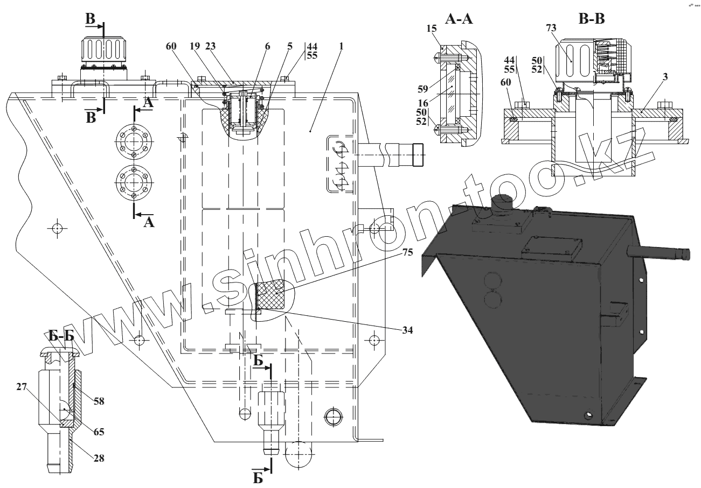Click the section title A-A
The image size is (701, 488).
coord(459,20)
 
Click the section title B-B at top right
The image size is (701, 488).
coord(591,20)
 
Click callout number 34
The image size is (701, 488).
coord(407,330)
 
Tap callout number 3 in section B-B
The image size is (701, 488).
coord(665,77)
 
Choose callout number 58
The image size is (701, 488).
coord(99,401)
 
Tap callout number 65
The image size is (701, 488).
coord(99,432)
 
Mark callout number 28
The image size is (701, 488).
coord(98,458)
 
